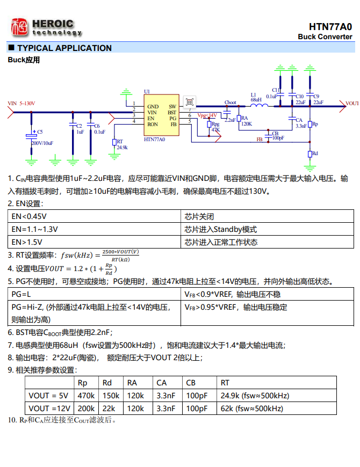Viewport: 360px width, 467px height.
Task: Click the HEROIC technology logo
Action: [x=45, y=27]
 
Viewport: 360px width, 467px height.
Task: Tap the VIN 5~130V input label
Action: [x=22, y=103]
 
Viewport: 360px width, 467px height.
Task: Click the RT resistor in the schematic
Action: [x=113, y=142]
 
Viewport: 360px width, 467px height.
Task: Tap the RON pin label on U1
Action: [x=153, y=125]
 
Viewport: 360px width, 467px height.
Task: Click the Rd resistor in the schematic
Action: [x=310, y=154]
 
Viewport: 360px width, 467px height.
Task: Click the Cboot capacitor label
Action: [x=230, y=103]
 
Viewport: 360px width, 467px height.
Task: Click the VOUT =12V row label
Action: [x=49, y=408]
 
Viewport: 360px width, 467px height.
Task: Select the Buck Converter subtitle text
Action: [x=325, y=37]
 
